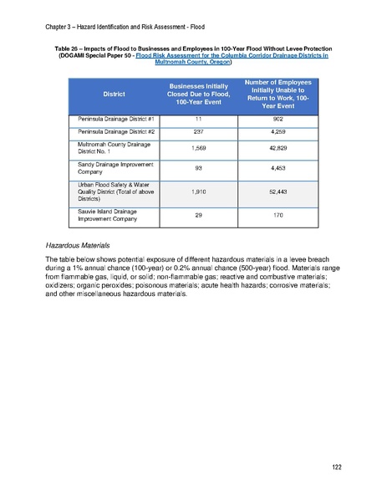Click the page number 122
336,467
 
